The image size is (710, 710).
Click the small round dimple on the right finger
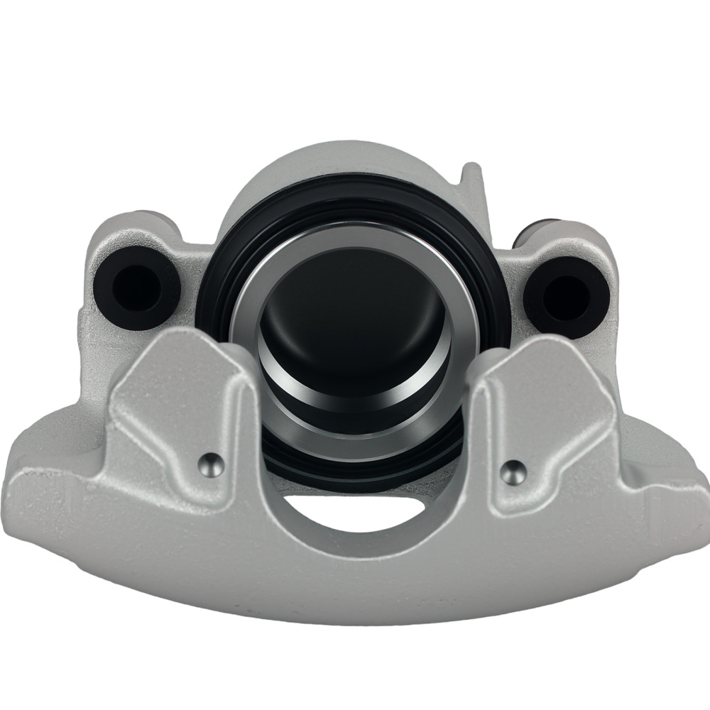point(513,469)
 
